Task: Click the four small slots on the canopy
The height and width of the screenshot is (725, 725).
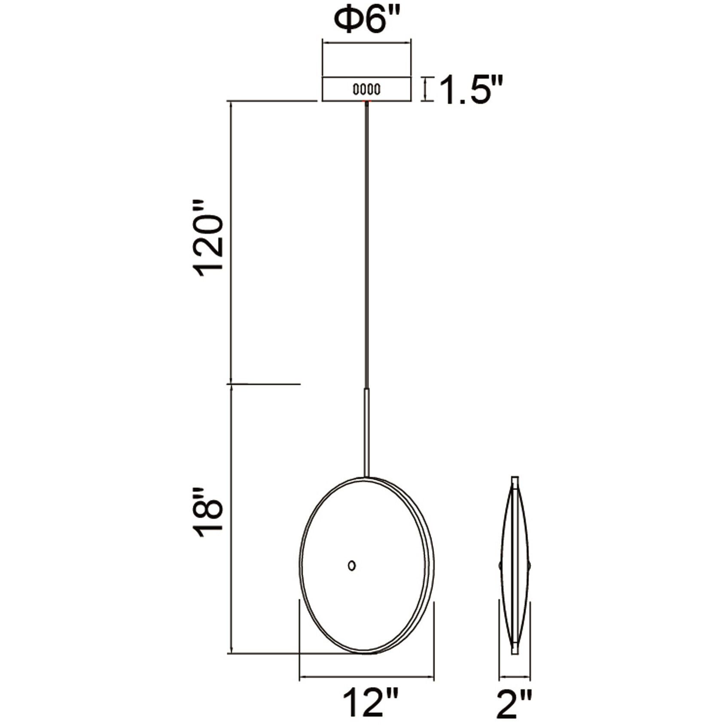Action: pos(366,90)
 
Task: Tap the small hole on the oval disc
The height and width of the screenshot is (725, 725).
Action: pos(352,565)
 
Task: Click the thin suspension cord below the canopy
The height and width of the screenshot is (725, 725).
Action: pos(366,241)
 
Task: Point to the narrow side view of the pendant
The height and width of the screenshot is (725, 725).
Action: pos(515,571)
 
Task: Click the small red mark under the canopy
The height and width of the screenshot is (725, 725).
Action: pos(366,101)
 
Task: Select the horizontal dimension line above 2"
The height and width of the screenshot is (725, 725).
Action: pos(515,678)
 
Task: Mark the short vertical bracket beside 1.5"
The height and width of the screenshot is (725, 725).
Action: pos(426,89)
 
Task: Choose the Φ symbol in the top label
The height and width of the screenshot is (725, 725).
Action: pos(346,20)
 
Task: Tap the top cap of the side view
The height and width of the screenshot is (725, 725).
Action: pos(515,481)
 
